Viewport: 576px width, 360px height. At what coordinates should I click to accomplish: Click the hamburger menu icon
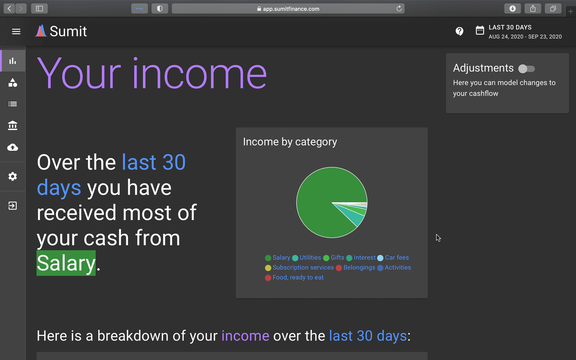click(x=16, y=31)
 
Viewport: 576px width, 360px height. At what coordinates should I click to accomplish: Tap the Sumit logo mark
click(x=41, y=31)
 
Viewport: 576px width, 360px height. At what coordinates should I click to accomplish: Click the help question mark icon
click(x=459, y=31)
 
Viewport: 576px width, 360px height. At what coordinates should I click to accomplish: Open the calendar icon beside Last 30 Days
click(x=480, y=30)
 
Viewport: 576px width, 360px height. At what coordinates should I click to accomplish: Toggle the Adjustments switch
click(x=526, y=69)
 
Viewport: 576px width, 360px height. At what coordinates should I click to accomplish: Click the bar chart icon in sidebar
click(x=13, y=61)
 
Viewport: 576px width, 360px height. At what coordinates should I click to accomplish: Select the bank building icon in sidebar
click(x=13, y=126)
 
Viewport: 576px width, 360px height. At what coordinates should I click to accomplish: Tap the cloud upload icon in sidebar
click(x=13, y=147)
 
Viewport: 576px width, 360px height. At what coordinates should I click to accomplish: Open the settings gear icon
click(x=13, y=177)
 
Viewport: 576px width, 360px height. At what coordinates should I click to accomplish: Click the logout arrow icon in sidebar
click(x=13, y=206)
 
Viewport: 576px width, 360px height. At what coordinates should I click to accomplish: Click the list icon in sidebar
click(x=13, y=104)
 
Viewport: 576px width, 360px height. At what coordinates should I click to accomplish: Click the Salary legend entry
click(x=278, y=258)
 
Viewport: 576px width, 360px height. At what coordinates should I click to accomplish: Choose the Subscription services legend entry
click(x=299, y=268)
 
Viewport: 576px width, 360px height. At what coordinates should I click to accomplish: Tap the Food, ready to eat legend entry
click(x=294, y=277)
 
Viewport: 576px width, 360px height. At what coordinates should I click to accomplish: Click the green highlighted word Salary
click(x=66, y=263)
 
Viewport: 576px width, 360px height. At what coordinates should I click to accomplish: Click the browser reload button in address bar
click(x=399, y=9)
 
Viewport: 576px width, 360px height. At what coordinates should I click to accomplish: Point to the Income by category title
click(x=290, y=142)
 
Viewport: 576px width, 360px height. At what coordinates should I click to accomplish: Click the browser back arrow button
click(x=9, y=9)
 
